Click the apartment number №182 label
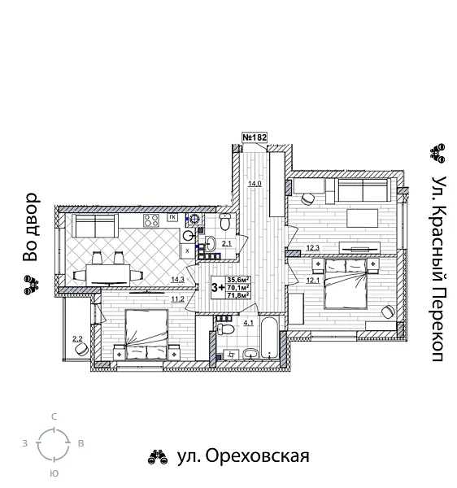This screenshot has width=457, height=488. coord(255,138)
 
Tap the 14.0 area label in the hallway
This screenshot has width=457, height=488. coord(255,184)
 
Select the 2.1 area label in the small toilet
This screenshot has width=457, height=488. coord(228,243)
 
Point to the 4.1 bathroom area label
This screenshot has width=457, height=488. coord(227,321)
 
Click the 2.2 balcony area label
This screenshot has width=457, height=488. coord(77,339)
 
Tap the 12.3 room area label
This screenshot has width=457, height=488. coord(313,248)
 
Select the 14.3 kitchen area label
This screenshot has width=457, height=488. coord(177,280)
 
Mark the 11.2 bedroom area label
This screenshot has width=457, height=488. coord(177,298)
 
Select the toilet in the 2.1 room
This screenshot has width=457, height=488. coord(225,222)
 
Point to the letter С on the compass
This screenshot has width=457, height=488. coord(54,416)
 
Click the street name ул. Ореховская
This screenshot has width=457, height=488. coord(243,456)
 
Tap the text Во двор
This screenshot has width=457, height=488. coord(31,227)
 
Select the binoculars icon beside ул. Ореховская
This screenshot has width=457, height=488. coord(158,457)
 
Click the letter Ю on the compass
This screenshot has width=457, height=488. coord(54,473)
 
